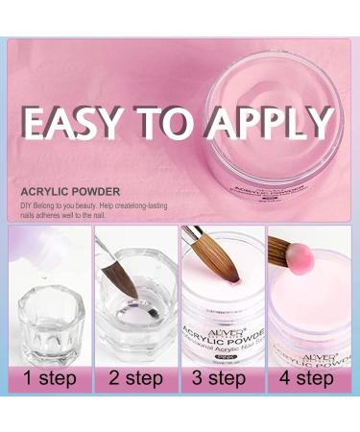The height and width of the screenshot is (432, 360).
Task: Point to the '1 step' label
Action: tap(49, 377)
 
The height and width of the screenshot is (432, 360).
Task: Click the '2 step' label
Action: tap(135, 377)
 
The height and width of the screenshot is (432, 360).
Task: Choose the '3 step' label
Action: tap(222, 377)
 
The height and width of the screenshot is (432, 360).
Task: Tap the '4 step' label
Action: tap(307, 377)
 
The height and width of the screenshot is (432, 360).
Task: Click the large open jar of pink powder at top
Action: tap(278, 115)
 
